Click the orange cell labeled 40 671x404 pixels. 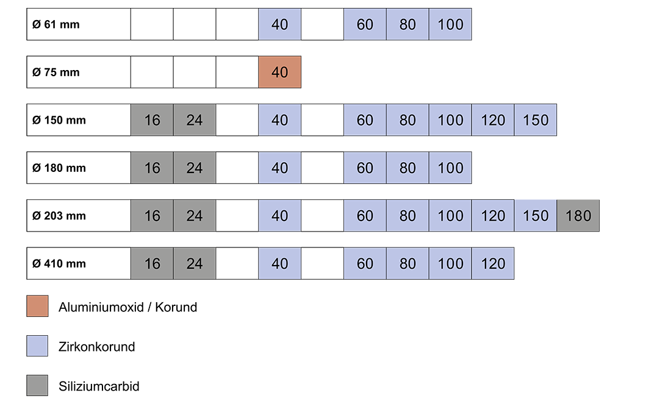(279, 72)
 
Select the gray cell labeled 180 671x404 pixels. (578, 216)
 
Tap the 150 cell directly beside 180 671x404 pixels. (536, 216)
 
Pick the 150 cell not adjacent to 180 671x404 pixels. (536, 120)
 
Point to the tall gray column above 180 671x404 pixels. (581, 91)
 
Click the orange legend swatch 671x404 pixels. (37, 306)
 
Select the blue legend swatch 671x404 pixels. (37, 346)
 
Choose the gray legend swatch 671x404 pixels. (37, 385)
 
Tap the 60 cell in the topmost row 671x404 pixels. (365, 24)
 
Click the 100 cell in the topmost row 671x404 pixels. (450, 24)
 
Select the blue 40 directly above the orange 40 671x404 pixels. (279, 24)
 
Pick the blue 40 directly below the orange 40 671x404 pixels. (279, 120)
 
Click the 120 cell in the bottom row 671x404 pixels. (493, 263)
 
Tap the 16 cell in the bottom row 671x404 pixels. (152, 263)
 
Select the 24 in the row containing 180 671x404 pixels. (195, 216)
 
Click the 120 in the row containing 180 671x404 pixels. (493, 216)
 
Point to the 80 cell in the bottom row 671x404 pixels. (407, 263)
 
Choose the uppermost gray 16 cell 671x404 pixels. (152, 120)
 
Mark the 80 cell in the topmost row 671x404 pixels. (407, 24)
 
